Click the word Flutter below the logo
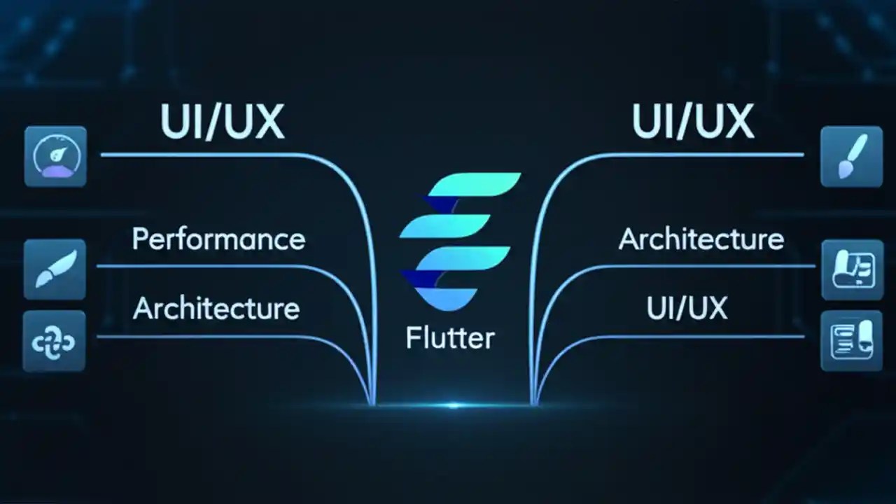pos(449,339)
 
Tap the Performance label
pos(218,239)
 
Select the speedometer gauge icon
pos(55,156)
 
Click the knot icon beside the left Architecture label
pos(55,341)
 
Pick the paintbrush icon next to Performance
pos(55,269)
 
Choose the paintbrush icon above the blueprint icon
pos(851,156)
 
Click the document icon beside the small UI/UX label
pos(851,341)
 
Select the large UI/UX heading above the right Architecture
pos(693,121)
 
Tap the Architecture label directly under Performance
pos(216,309)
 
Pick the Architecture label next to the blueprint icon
pos(701,239)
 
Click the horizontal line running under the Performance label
pos(210,266)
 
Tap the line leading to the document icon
pos(700,337)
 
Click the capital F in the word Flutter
pos(412,339)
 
